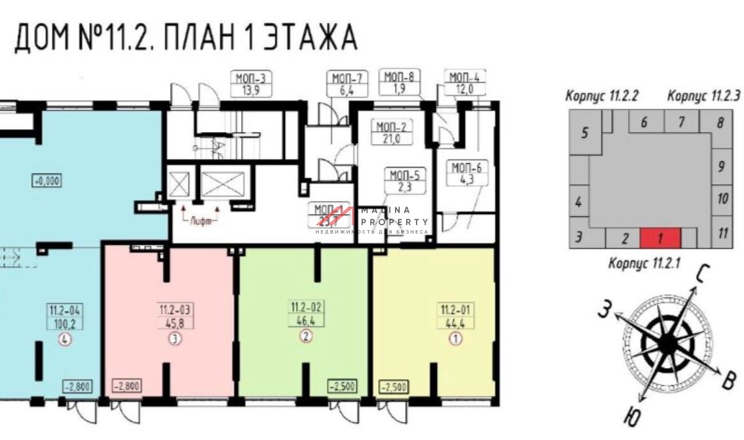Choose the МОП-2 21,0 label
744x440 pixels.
tap(388, 133)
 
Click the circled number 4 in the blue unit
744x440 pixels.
tap(64, 339)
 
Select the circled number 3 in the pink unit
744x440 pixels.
tap(175, 339)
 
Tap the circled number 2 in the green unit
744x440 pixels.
tap(305, 336)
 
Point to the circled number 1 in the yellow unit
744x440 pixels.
tap(455, 339)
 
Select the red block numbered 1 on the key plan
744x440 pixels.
tap(660, 238)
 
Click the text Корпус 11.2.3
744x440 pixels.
tap(704, 97)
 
